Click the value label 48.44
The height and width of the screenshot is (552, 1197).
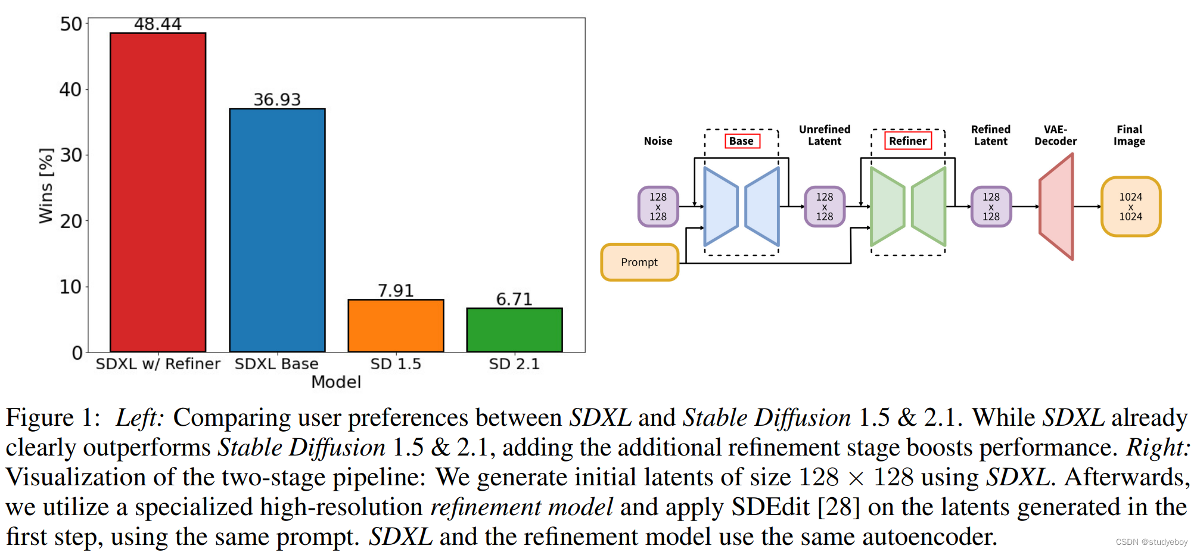click(x=157, y=24)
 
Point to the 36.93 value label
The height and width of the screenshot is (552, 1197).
click(x=277, y=99)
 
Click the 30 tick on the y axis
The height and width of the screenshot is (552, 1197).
click(x=70, y=155)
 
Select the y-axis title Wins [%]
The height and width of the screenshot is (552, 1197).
click(x=46, y=186)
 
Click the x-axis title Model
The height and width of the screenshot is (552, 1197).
click(x=336, y=382)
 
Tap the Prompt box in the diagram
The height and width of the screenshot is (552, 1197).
click(x=639, y=262)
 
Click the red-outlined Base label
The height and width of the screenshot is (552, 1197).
click(x=741, y=141)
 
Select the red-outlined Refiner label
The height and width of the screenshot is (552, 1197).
click(x=907, y=141)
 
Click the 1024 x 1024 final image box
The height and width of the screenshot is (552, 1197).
click(x=1130, y=207)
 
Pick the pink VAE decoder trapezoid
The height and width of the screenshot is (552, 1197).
click(x=1056, y=207)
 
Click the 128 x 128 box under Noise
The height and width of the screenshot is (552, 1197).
click(x=658, y=207)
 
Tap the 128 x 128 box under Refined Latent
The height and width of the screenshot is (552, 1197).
click(x=991, y=207)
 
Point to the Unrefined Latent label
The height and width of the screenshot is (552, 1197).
click(x=825, y=135)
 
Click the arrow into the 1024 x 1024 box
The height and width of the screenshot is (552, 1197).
click(x=1087, y=207)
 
